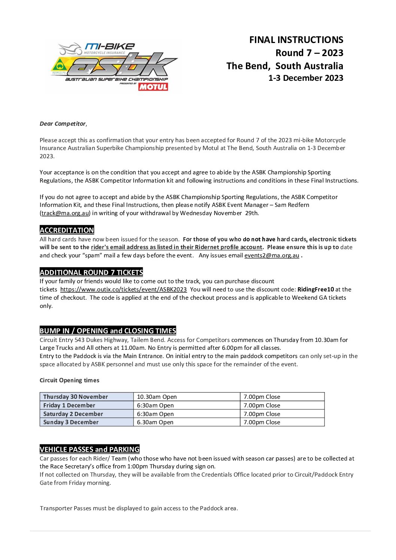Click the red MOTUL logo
[x=153, y=87]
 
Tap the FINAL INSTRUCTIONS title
[x=296, y=40]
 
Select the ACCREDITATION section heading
[x=67, y=230]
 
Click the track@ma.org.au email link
[x=66, y=213]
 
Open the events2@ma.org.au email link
[x=272, y=255]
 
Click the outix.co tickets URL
[x=124, y=290]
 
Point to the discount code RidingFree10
[x=316, y=290]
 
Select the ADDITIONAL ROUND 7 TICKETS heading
[x=91, y=272]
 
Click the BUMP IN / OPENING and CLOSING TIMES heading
[x=108, y=331]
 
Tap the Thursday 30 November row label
[x=76, y=397]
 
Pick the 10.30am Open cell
[x=157, y=397]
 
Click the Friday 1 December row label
[x=69, y=406]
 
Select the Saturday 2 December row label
[x=73, y=414]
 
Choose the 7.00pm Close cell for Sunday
[x=262, y=422]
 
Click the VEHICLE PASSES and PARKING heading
[x=89, y=449]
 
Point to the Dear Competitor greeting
[x=63, y=124]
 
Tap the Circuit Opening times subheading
[x=70, y=380]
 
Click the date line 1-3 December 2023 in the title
[x=305, y=78]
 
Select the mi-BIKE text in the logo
[x=110, y=46]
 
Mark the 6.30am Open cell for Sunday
[x=155, y=422]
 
